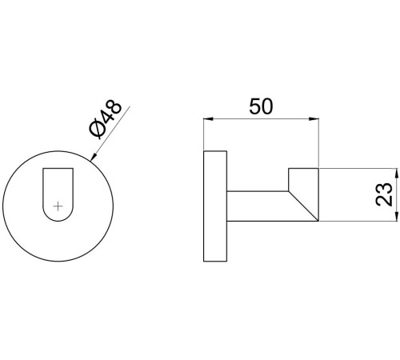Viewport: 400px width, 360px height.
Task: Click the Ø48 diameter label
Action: [x=106, y=120]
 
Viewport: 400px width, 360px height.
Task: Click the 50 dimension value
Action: [x=261, y=106]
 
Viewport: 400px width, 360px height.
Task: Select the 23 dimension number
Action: [x=384, y=194]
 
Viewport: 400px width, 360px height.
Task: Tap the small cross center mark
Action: [x=58, y=206]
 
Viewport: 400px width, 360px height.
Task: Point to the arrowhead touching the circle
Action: [x=94, y=157]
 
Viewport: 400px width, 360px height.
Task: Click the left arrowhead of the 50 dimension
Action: [x=209, y=119]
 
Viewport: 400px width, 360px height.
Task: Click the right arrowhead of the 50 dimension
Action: [x=314, y=119]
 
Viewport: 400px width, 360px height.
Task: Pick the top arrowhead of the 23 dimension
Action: [x=397, y=174]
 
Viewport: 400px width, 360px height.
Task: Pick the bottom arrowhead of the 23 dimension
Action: [x=397, y=216]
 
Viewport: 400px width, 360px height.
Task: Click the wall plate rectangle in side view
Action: [x=215, y=206]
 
